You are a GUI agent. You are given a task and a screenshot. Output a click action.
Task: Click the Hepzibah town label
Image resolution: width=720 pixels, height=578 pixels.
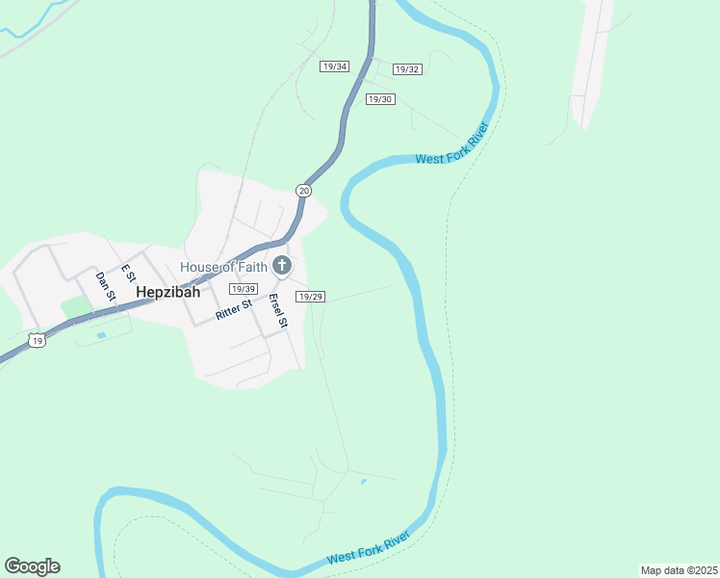click(167, 292)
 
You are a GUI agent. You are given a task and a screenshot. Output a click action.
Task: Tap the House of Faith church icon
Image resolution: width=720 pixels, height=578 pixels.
click(282, 265)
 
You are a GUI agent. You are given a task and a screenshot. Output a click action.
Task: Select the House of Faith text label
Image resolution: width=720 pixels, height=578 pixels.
click(224, 266)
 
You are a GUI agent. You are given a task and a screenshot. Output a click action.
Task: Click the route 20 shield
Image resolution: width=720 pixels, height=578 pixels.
click(304, 191)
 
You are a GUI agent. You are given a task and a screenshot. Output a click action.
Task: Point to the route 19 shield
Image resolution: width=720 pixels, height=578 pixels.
click(37, 340)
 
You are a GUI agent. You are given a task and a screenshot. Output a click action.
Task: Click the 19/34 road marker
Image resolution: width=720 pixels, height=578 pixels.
click(334, 66)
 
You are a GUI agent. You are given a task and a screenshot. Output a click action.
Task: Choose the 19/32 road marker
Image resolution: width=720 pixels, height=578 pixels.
click(408, 69)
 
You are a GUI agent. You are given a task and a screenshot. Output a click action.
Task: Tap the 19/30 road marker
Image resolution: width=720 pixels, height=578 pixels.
click(380, 99)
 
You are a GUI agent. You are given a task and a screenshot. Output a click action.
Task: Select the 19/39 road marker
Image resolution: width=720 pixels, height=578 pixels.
click(243, 289)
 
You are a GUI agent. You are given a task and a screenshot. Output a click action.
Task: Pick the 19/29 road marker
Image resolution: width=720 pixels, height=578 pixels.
click(310, 298)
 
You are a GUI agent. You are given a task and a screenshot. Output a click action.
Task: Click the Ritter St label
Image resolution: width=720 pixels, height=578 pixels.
click(234, 309)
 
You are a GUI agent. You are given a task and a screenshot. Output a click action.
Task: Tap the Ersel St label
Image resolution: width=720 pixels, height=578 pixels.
click(278, 310)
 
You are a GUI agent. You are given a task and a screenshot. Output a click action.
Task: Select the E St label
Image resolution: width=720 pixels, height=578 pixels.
click(126, 273)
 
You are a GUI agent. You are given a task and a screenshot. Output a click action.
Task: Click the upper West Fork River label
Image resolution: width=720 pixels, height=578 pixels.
click(452, 144)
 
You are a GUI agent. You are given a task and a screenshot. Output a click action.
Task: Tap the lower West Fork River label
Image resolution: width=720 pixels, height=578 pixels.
click(370, 546)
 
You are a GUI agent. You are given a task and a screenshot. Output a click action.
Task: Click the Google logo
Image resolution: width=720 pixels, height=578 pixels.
click(33, 566)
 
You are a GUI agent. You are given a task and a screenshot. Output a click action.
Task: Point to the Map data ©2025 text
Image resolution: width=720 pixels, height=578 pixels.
click(679, 570)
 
